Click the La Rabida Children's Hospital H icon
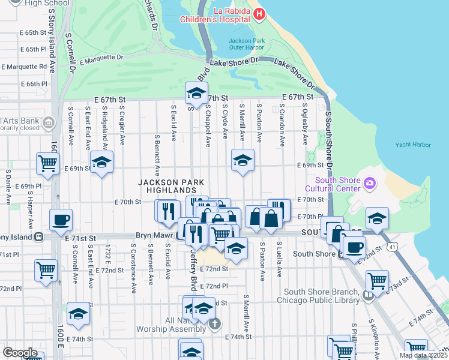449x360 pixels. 259,14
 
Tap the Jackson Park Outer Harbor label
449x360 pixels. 246,45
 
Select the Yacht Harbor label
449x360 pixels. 414,145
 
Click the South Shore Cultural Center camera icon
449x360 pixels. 369,182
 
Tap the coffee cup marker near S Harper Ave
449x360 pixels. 61,220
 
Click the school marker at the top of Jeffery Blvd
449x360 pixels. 196,93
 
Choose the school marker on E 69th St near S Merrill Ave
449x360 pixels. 243,160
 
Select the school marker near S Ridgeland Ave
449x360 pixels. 102,162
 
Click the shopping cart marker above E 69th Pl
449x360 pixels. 47,163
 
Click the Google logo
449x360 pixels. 20,352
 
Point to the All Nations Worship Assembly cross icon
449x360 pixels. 214,323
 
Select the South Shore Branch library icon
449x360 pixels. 367,294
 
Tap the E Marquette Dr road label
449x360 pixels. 101,59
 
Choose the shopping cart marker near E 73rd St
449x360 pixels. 377,280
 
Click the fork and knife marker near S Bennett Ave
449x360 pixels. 167,211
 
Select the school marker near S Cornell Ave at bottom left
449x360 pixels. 78,314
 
